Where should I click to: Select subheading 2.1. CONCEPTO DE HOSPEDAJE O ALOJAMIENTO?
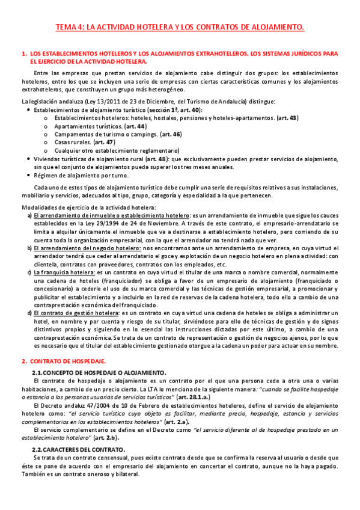[98, 373]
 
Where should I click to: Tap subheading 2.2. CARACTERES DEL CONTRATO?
[82, 449]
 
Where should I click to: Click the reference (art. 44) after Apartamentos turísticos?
[135, 127]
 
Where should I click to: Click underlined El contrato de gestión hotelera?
[75, 313]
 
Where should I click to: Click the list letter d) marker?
[30, 313]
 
